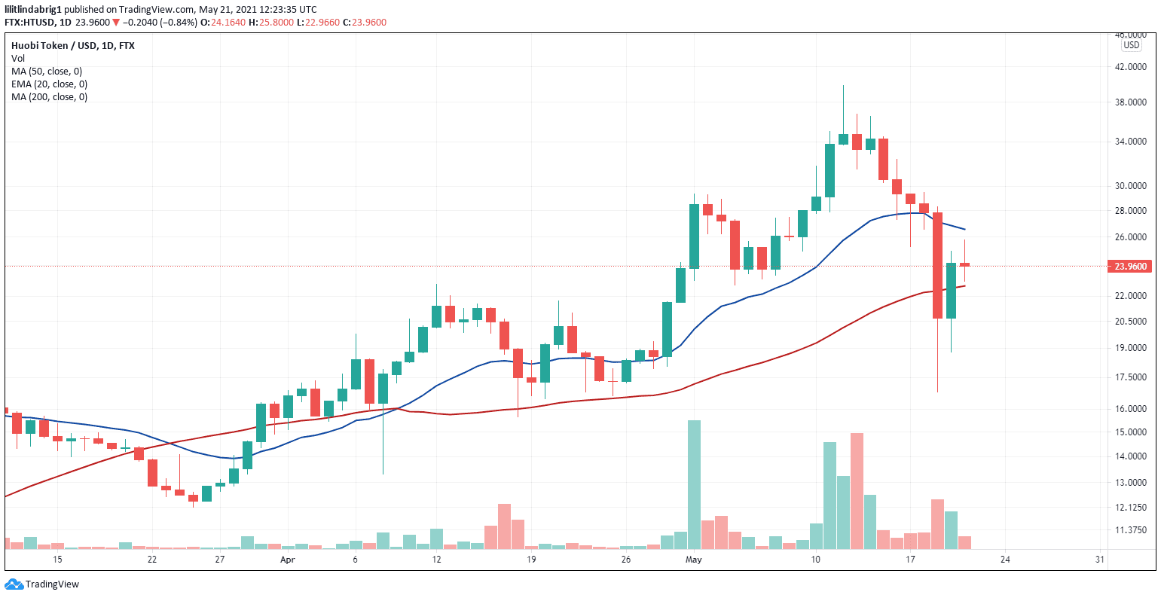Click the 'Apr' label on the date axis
point(286,560)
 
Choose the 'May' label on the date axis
point(694,560)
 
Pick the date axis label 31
point(1099,560)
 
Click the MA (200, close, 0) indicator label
point(49,97)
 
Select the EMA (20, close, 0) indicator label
point(49,84)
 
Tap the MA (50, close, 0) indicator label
point(47,72)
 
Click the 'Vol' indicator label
point(18,58)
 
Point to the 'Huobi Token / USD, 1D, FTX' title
point(72,45)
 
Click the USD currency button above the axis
point(1131,45)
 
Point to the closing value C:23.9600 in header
point(365,23)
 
